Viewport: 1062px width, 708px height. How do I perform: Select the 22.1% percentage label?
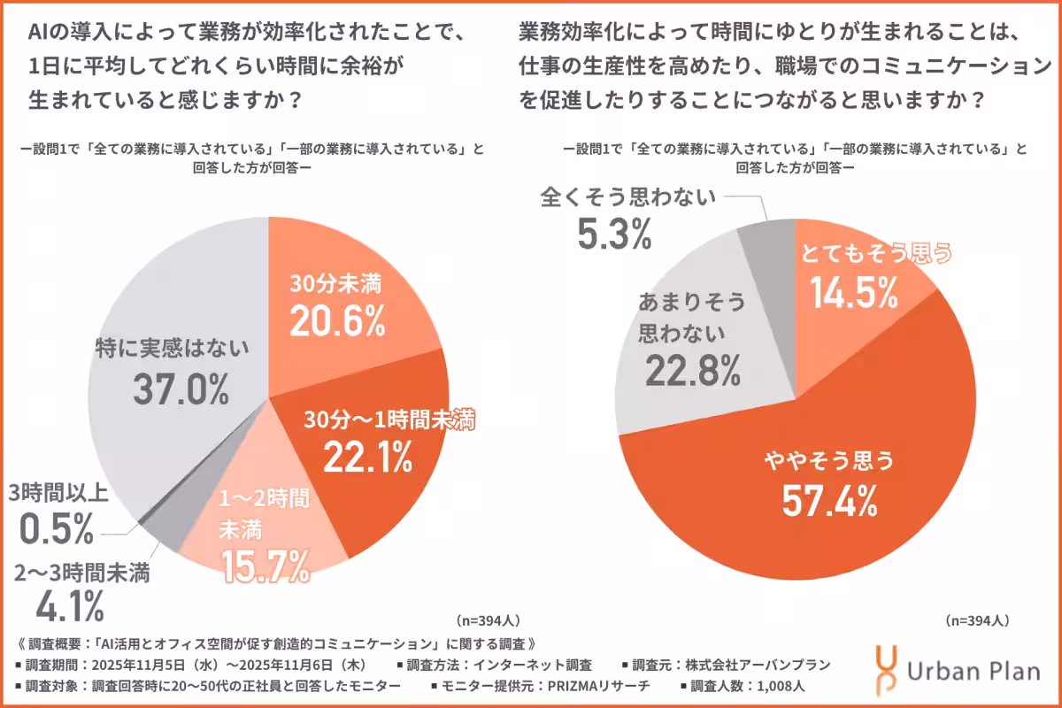[366, 457]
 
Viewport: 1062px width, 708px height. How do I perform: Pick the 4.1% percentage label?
[70, 606]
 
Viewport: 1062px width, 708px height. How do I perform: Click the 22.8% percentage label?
[692, 370]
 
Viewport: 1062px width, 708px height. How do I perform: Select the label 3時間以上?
[58, 492]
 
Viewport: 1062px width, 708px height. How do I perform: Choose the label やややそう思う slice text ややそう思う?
[829, 459]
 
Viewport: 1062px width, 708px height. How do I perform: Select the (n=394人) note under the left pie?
[489, 621]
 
